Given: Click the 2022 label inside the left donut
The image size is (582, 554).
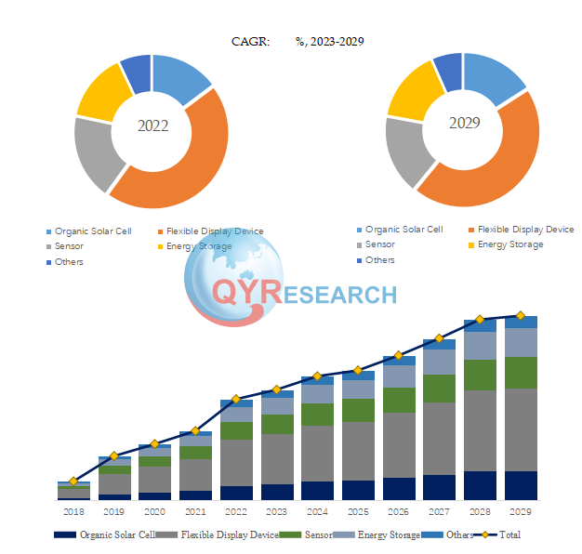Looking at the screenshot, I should [x=152, y=125].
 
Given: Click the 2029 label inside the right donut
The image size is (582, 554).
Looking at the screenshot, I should [x=462, y=123].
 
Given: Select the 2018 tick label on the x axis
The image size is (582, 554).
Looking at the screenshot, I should [x=73, y=512].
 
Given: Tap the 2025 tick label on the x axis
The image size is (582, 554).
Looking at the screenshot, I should [x=358, y=512].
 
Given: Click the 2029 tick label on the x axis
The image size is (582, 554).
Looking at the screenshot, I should [x=521, y=512].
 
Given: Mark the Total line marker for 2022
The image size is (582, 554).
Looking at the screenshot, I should [x=236, y=399].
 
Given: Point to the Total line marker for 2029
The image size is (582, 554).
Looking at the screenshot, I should [x=521, y=316].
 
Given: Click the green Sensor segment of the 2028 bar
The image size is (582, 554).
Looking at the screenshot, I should [x=480, y=375].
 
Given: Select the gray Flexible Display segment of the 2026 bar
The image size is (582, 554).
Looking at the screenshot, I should [x=399, y=444].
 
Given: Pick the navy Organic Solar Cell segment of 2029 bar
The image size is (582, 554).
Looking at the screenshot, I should [x=521, y=485].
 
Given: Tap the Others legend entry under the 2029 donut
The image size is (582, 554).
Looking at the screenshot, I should [x=379, y=260].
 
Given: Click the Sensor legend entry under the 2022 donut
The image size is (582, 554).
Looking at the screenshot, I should [x=68, y=246].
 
